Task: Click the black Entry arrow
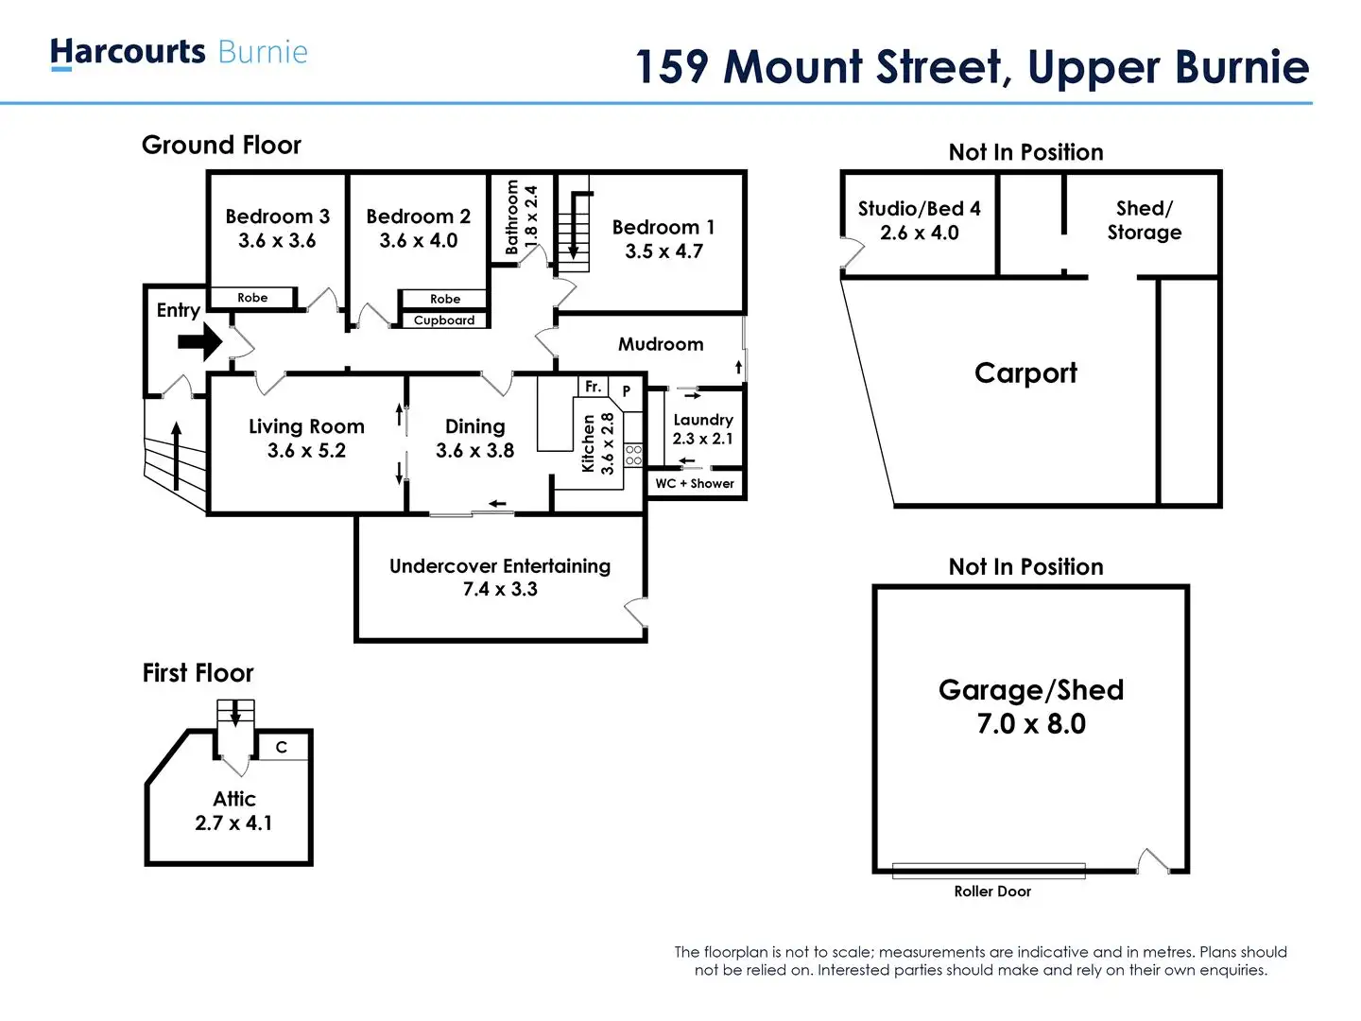[x=199, y=342]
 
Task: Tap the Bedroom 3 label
[x=277, y=216]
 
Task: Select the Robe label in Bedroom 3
[x=252, y=298]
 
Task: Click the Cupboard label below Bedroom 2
[x=444, y=320]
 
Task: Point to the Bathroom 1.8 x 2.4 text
[x=521, y=217]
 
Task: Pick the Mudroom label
[x=661, y=344]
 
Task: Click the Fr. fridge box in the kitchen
[x=593, y=387]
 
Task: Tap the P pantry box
[x=626, y=390]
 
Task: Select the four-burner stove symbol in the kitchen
[x=633, y=455]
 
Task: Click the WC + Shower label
[x=695, y=484]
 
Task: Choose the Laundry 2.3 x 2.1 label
[x=702, y=428]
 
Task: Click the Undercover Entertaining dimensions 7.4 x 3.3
[x=500, y=589]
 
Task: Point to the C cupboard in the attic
[x=281, y=747]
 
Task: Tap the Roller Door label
[x=992, y=891]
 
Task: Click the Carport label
[x=1025, y=373]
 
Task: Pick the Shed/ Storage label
[x=1144, y=220]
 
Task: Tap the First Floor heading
[x=198, y=673]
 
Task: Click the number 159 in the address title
[x=671, y=67]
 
